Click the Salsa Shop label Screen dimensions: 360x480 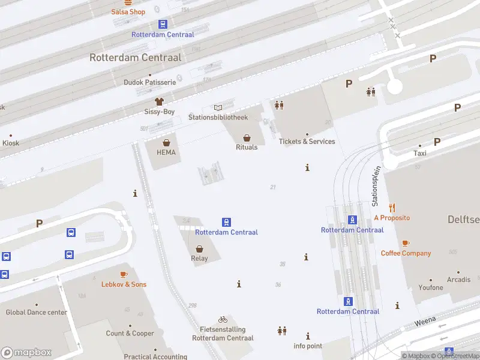pos(128,12)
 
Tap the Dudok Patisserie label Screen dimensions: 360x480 pos(149,82)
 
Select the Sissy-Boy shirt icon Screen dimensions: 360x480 pos(159,102)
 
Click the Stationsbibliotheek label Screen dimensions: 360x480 pos(218,117)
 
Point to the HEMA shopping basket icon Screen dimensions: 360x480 pos(166,143)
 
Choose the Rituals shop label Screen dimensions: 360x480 pos(247,147)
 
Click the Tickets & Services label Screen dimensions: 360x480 pos(307,142)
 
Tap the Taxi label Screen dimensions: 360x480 pos(420,153)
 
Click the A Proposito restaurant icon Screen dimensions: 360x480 pos(392,208)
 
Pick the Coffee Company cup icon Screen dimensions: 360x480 pos(406,243)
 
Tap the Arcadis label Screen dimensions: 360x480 pos(458,280)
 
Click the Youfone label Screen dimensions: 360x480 pos(431,287)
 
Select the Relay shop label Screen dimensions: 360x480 pos(199,259)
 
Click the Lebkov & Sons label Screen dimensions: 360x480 pos(124,284)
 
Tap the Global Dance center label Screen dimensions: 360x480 pos(37,312)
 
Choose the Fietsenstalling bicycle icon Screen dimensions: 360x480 pos(223,320)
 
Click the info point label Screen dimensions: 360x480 pos(308,346)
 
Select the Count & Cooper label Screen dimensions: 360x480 pos(130,334)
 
